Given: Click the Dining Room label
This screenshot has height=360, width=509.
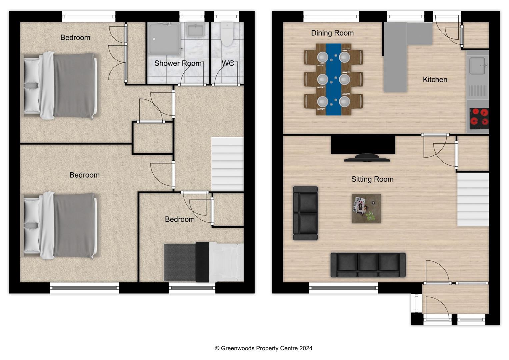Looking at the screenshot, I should click(x=332, y=33).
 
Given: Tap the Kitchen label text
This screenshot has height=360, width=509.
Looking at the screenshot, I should click(x=435, y=80).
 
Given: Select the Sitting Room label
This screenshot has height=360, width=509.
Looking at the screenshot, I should click(x=372, y=179).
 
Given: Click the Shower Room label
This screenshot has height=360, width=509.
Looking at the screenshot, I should click(x=178, y=63).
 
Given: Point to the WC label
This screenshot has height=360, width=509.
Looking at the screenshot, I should click(x=228, y=63).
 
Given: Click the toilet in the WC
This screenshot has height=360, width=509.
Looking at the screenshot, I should click(x=227, y=34).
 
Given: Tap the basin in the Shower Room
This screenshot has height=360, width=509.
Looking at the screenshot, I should click(x=195, y=30).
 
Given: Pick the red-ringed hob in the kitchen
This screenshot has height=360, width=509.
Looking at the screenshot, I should click(x=479, y=118).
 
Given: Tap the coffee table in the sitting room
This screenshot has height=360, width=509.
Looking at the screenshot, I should click(x=366, y=209).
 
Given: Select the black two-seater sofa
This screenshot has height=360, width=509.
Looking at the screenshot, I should click(x=305, y=213).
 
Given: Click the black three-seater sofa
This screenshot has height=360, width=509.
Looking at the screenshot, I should click(x=368, y=265).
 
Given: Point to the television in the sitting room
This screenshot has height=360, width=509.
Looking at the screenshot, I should click(x=367, y=158).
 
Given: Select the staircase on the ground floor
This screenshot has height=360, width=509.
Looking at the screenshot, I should click(x=473, y=199).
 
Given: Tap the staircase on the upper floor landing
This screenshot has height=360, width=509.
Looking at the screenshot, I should click(x=227, y=164).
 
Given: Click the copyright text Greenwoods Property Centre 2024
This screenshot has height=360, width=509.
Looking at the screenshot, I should click(x=263, y=348).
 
